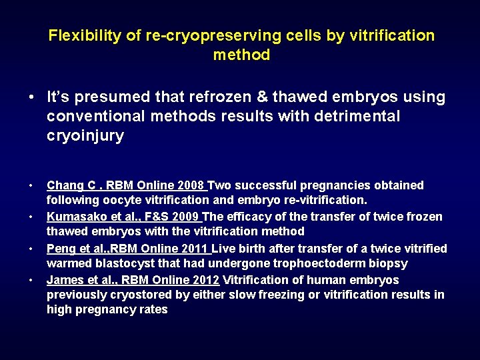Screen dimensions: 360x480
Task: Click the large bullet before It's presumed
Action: coord(32,97)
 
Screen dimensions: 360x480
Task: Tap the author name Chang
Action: coord(64,185)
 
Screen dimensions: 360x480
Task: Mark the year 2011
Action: coord(195,249)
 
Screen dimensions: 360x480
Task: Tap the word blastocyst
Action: coord(117,263)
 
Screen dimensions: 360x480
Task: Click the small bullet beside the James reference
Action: coord(32,280)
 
